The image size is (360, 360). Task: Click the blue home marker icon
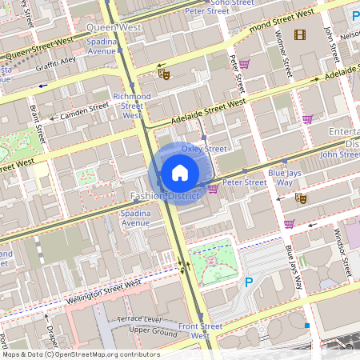coord(180,173)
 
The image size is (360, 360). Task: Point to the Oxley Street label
coord(204,149)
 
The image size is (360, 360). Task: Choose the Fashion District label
coord(160,196)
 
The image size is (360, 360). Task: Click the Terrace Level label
coord(139,319)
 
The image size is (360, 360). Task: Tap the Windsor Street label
coord(343,253)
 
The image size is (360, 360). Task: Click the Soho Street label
coord(231,3)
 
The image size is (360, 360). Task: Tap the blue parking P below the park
coord(248,282)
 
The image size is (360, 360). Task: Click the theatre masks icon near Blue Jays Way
coord(301,197)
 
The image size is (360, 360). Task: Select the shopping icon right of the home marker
coord(213,189)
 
